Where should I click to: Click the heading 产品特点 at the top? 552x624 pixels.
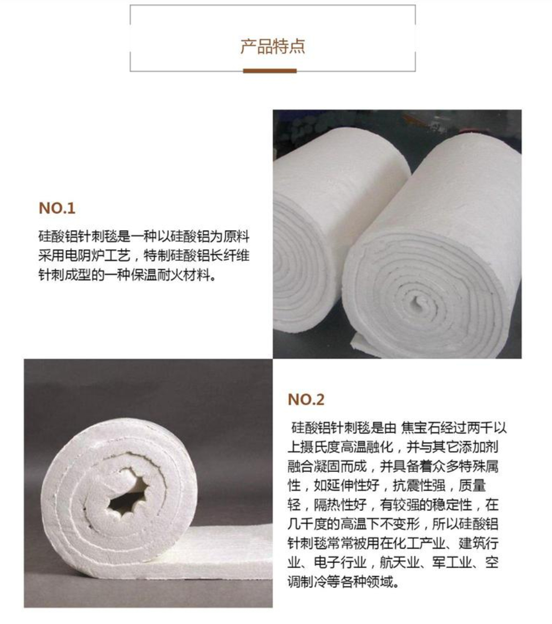coord(272,46)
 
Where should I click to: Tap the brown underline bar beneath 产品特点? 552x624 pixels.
coord(270,70)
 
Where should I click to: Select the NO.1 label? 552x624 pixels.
coord(57,209)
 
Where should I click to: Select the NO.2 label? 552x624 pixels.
coord(306,399)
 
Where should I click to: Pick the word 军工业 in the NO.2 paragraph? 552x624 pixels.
coord(453,563)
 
